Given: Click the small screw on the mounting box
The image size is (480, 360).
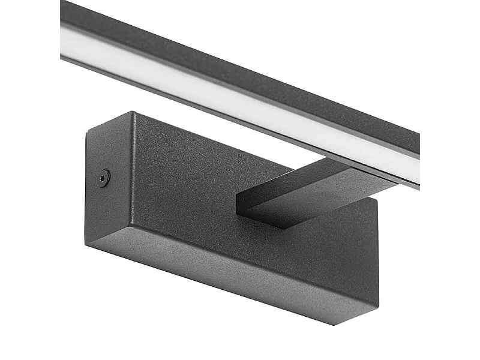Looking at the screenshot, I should pyautogui.click(x=104, y=178).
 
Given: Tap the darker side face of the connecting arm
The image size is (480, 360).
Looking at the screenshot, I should pyautogui.click(x=300, y=210).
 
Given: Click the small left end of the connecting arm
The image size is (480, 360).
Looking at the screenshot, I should pyautogui.click(x=241, y=203).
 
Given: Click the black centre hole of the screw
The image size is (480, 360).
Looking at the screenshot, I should pyautogui.click(x=104, y=178).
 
